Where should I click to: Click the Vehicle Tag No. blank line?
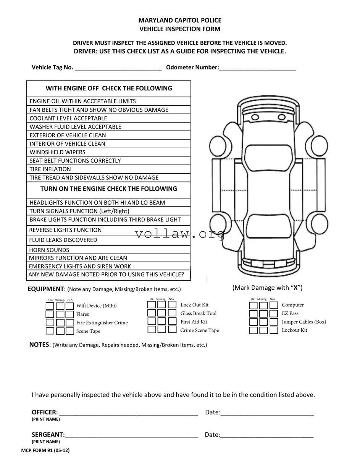[118, 69]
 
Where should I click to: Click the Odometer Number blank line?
[258, 69]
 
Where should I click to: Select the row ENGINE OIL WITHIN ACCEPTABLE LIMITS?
[108, 101]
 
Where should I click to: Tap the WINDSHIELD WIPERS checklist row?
[108, 152]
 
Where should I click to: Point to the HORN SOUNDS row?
[108, 250]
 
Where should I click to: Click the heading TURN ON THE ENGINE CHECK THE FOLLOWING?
[108, 189]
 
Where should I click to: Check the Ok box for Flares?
[50, 314]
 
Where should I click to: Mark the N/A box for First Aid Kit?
[172, 321]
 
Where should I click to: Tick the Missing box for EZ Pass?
[263, 314]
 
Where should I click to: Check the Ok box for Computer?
[253, 305]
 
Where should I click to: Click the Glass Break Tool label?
[198, 313]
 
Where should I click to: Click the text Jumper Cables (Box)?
[303, 322]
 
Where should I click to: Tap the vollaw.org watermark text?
[179, 234]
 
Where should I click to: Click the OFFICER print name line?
[128, 413]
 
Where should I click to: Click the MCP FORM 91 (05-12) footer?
[45, 450]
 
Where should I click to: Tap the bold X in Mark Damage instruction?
[295, 288]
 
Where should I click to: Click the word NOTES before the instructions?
[39, 345]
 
